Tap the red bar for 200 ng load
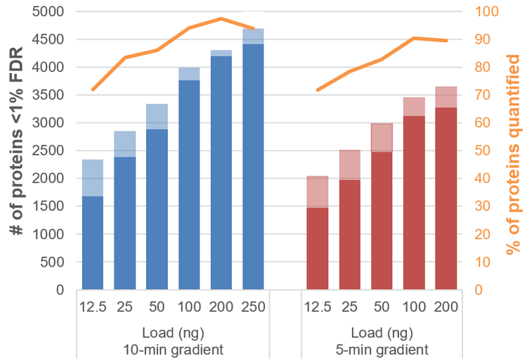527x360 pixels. click(446, 198)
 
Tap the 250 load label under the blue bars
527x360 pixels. click(253, 307)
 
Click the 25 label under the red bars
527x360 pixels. click(350, 307)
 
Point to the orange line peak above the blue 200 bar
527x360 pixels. click(221, 19)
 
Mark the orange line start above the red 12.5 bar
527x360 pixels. click(318, 90)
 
